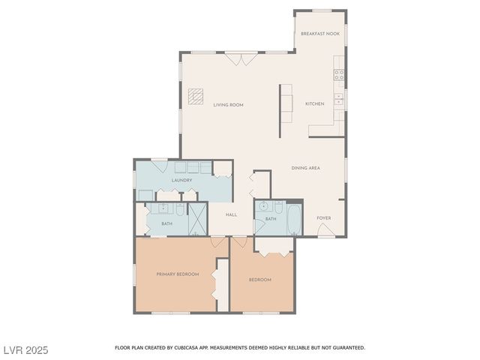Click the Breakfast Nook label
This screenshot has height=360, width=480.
[x=319, y=34]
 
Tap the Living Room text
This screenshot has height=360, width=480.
[x=228, y=104]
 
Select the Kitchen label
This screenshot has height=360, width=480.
[x=315, y=103]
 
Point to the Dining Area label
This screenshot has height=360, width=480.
[x=306, y=168]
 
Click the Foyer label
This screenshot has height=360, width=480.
[x=323, y=218]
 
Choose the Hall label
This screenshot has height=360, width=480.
[x=231, y=215]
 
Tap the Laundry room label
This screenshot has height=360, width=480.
[x=181, y=180]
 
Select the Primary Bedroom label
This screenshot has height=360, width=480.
[x=178, y=274]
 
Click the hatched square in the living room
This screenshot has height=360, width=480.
[x=196, y=97]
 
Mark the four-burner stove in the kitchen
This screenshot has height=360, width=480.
[x=339, y=74]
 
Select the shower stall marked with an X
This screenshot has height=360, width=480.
[x=196, y=219]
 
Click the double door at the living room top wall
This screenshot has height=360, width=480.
[x=241, y=58]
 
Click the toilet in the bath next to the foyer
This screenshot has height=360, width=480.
[x=277, y=207]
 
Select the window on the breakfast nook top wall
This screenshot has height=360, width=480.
[x=322, y=10]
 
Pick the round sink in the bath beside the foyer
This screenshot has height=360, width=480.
[x=264, y=207]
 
